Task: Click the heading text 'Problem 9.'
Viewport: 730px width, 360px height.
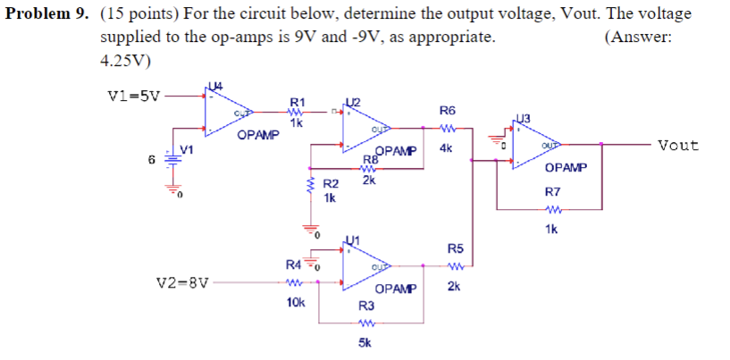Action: click(x=45, y=15)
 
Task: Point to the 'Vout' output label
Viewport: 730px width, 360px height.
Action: click(x=678, y=145)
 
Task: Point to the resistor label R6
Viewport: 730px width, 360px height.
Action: click(x=448, y=110)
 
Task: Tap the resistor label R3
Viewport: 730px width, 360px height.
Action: click(x=366, y=306)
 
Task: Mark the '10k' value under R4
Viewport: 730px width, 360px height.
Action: click(x=296, y=303)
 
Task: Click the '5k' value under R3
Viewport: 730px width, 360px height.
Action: click(x=365, y=342)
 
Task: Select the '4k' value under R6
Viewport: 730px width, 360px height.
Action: click(x=447, y=148)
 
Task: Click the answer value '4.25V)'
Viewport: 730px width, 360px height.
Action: click(x=126, y=61)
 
